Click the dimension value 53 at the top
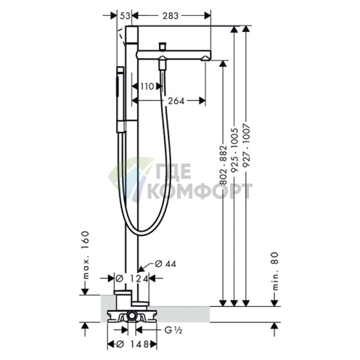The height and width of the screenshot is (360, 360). point(125,16)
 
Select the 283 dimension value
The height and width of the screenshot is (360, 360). point(171,16)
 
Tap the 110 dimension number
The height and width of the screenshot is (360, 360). point(147,86)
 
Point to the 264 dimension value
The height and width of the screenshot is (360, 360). point(176,101)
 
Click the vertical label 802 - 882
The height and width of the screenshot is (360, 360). point(224,165)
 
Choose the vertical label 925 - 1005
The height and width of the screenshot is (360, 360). point(234,150)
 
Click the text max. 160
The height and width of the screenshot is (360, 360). point(86,255)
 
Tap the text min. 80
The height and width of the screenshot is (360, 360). point(275,271)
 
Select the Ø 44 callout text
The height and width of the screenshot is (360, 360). point(165,263)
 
